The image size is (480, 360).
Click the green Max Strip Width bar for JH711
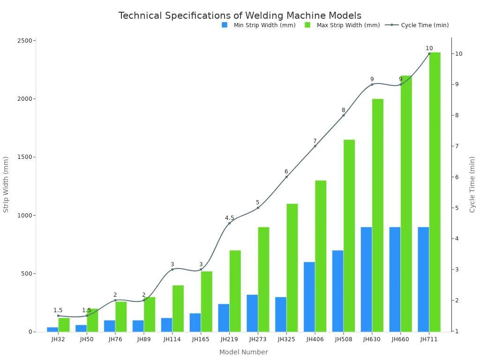click(x=435, y=192)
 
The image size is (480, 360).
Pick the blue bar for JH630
click(x=366, y=279)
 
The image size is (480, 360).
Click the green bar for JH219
click(x=235, y=291)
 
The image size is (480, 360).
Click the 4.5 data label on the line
click(x=229, y=218)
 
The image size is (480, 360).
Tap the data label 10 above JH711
click(x=429, y=48)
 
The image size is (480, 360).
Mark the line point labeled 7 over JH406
click(x=315, y=146)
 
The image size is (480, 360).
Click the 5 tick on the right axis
click(x=459, y=208)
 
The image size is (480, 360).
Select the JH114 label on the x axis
click(x=172, y=339)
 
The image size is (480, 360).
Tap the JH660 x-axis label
click(x=400, y=339)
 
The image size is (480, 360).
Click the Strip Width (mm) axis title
click(x=6, y=185)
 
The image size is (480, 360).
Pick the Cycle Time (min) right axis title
click(x=472, y=185)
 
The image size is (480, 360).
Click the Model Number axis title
click(x=243, y=352)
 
